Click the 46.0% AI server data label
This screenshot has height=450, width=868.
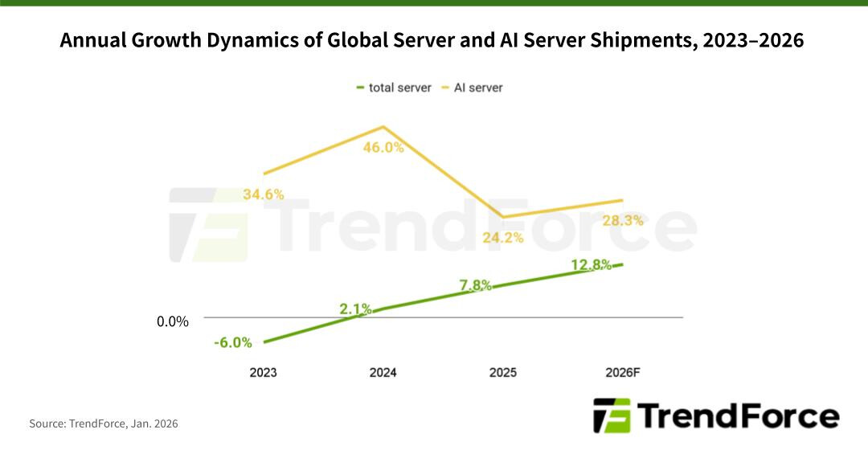tap(383, 148)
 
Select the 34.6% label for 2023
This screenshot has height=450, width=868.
tap(263, 194)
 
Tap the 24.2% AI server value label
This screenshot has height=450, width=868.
tap(503, 238)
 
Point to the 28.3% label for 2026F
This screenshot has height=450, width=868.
tap(623, 221)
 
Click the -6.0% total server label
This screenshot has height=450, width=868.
tap(233, 342)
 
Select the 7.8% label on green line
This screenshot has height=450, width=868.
tap(475, 285)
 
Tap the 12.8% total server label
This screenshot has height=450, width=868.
tap(592, 264)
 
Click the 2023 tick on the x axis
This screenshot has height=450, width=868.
tap(263, 373)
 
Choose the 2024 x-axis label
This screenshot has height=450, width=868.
tap(383, 373)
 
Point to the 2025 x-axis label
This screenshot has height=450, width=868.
tap(502, 373)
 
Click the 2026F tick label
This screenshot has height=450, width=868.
tap(623, 373)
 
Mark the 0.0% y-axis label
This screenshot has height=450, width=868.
tap(173, 321)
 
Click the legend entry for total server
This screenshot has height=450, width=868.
tap(394, 88)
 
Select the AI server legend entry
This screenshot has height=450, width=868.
tap(474, 88)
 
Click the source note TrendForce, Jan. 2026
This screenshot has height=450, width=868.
tap(104, 423)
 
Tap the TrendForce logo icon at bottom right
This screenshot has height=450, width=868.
tap(612, 415)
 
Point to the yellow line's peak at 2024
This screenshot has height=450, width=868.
tap(383, 127)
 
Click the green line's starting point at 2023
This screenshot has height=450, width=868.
tap(264, 342)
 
